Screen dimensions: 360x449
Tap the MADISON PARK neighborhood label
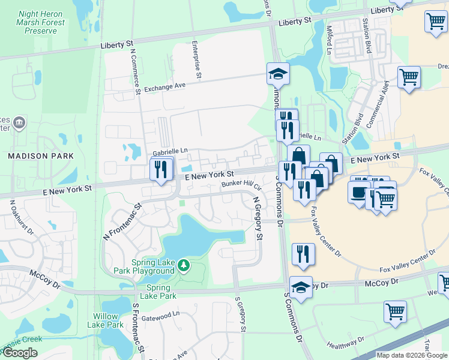[x=41, y=156]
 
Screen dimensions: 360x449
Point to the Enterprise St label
[x=196, y=59]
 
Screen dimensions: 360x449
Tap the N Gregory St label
[x=257, y=218]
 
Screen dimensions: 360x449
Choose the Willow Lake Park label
[x=109, y=320]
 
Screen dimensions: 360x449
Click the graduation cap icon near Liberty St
[x=278, y=74]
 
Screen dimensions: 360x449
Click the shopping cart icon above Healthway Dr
[x=395, y=311]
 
